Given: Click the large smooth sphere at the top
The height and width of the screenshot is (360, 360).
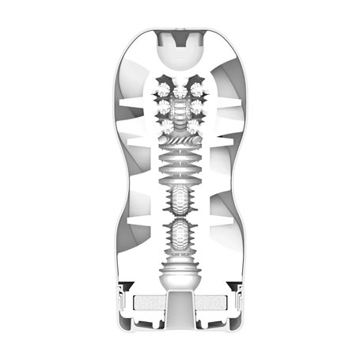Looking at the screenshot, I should click(x=180, y=54).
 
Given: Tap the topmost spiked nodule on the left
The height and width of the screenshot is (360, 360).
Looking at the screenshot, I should click(x=165, y=86).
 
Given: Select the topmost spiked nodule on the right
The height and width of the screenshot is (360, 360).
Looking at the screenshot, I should click(x=195, y=86).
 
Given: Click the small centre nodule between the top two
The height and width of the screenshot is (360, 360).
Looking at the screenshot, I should click(x=180, y=82).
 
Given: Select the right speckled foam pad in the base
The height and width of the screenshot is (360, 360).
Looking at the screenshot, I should click(x=211, y=302).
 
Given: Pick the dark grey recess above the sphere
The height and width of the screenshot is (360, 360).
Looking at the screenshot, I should click(x=180, y=33).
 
